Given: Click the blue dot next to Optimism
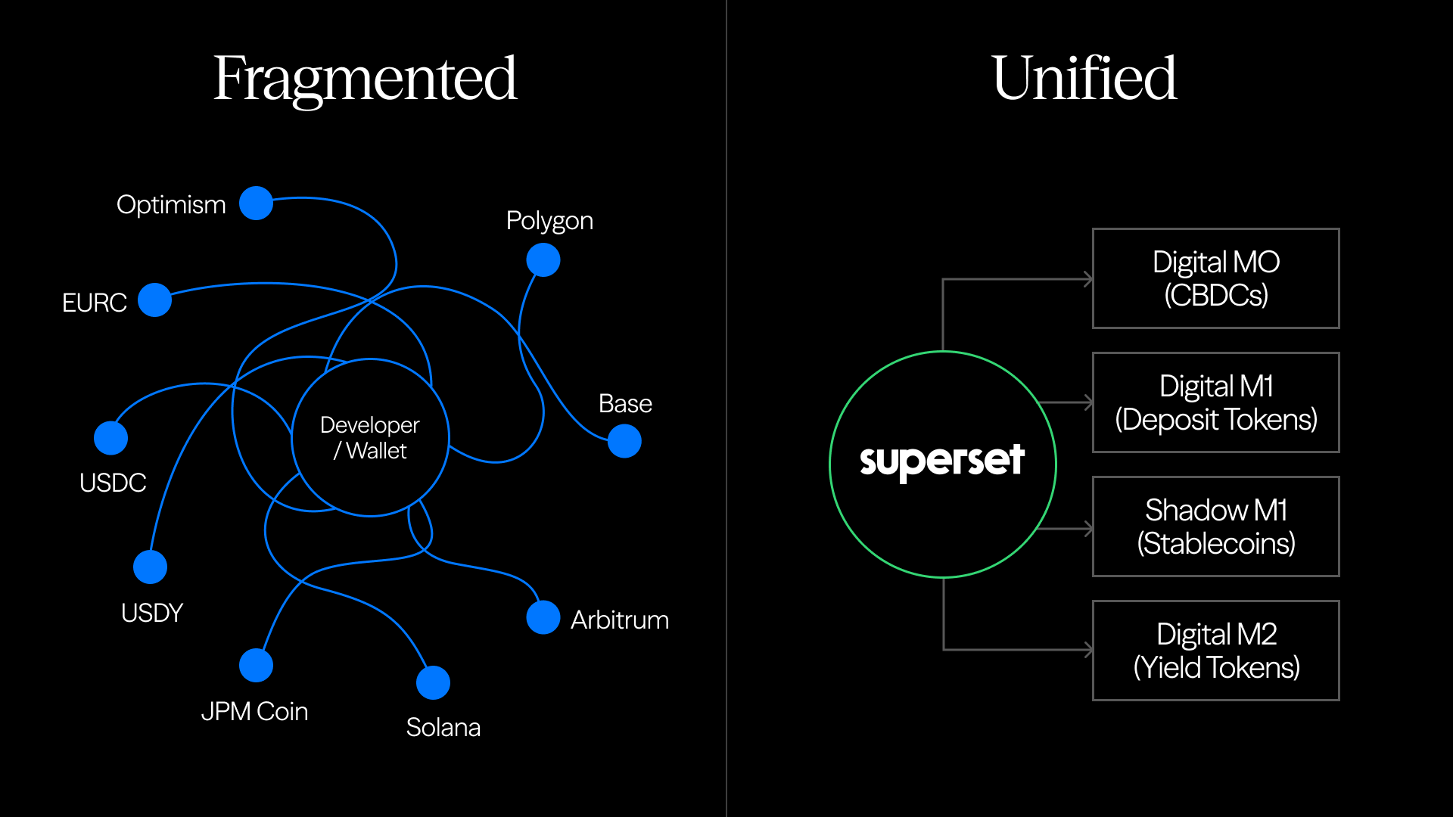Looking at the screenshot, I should [x=256, y=203].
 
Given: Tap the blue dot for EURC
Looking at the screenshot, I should [x=155, y=300].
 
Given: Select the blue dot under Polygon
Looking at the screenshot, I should [x=543, y=260].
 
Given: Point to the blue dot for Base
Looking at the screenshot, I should [x=624, y=441].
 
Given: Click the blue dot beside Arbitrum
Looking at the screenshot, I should [x=543, y=617].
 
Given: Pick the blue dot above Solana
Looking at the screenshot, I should [x=433, y=683].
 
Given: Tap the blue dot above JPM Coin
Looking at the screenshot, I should [x=256, y=666].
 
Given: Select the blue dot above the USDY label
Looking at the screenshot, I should [x=150, y=567].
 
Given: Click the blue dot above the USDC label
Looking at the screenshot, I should [x=110, y=438].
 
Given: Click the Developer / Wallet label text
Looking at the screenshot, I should [x=370, y=438].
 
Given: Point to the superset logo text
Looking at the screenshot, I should [x=942, y=461].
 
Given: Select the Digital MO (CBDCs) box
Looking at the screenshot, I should [x=1215, y=278].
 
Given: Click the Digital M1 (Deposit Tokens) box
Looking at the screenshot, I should [x=1215, y=402].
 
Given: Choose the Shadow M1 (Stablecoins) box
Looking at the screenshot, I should [x=1215, y=527].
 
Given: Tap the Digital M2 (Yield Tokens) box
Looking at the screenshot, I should [x=1215, y=651].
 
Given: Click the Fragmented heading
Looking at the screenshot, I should [x=365, y=79].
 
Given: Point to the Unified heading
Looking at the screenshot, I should [x=1084, y=79].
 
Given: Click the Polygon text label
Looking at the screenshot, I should [x=549, y=221].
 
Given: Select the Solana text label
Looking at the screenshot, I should [x=443, y=727].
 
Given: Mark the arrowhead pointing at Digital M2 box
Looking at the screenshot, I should [x=1089, y=650].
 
